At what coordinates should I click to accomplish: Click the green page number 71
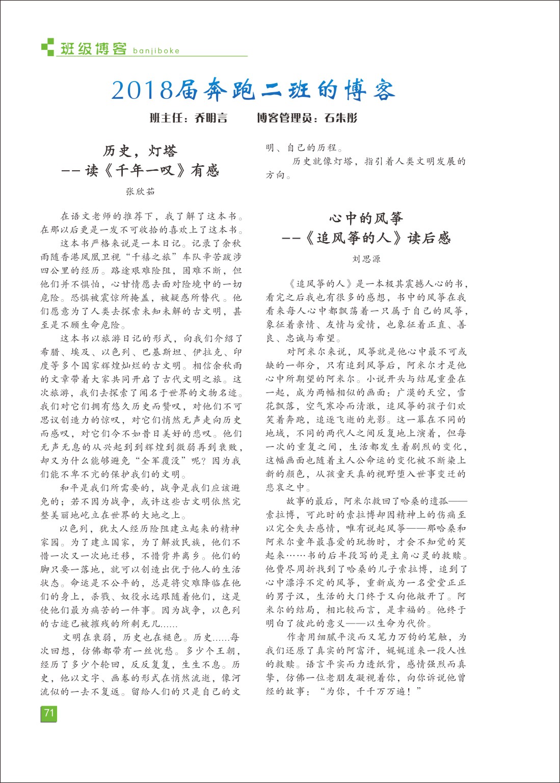48,713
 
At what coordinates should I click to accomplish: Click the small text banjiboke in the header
156,50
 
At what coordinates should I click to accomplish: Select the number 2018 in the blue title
142,91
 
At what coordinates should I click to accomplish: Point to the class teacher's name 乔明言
211,118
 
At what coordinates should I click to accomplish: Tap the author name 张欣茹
140,192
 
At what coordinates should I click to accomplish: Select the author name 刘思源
366,259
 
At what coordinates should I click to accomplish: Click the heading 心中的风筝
366,219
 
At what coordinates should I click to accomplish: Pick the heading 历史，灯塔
140,151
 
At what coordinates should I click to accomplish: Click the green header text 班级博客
93,48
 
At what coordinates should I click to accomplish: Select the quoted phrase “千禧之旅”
152,257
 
